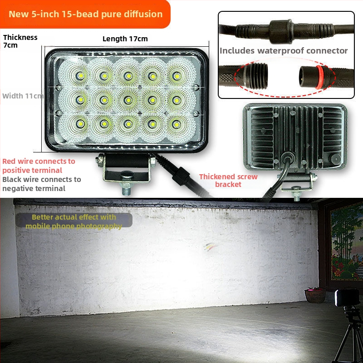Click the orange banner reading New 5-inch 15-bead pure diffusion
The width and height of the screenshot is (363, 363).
(x=85, y=14)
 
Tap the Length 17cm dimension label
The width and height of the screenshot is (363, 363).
(x=125, y=39)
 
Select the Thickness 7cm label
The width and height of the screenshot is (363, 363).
(x=20, y=41)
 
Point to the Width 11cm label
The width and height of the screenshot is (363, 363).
(x=23, y=96)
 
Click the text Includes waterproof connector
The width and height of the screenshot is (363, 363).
(x=284, y=51)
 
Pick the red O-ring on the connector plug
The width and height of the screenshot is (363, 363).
(x=319, y=77)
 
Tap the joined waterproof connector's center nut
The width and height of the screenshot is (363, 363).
(x=281, y=31)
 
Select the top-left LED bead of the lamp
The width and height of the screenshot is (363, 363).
(x=80, y=76)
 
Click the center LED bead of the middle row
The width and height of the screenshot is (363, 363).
(x=128, y=100)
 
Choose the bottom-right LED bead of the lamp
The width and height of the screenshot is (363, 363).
(x=177, y=124)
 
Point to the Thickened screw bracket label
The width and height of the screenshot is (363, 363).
(x=228, y=180)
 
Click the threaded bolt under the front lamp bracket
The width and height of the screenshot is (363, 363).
(x=127, y=188)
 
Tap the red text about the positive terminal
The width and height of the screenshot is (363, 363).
(x=39, y=166)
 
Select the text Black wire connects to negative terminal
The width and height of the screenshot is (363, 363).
(x=42, y=184)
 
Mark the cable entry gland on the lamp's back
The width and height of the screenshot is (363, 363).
(x=288, y=158)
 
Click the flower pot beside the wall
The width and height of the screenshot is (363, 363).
(x=315, y=295)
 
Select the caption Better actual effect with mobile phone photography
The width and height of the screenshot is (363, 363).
(x=74, y=221)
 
